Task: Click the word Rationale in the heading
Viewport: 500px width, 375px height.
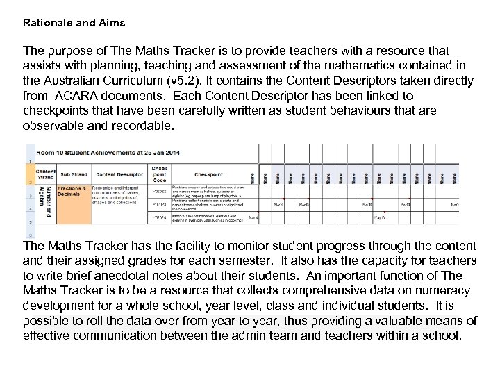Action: coord(46,22)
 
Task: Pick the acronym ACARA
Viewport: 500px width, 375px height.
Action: coord(82,94)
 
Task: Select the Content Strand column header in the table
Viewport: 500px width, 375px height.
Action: coord(45,174)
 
